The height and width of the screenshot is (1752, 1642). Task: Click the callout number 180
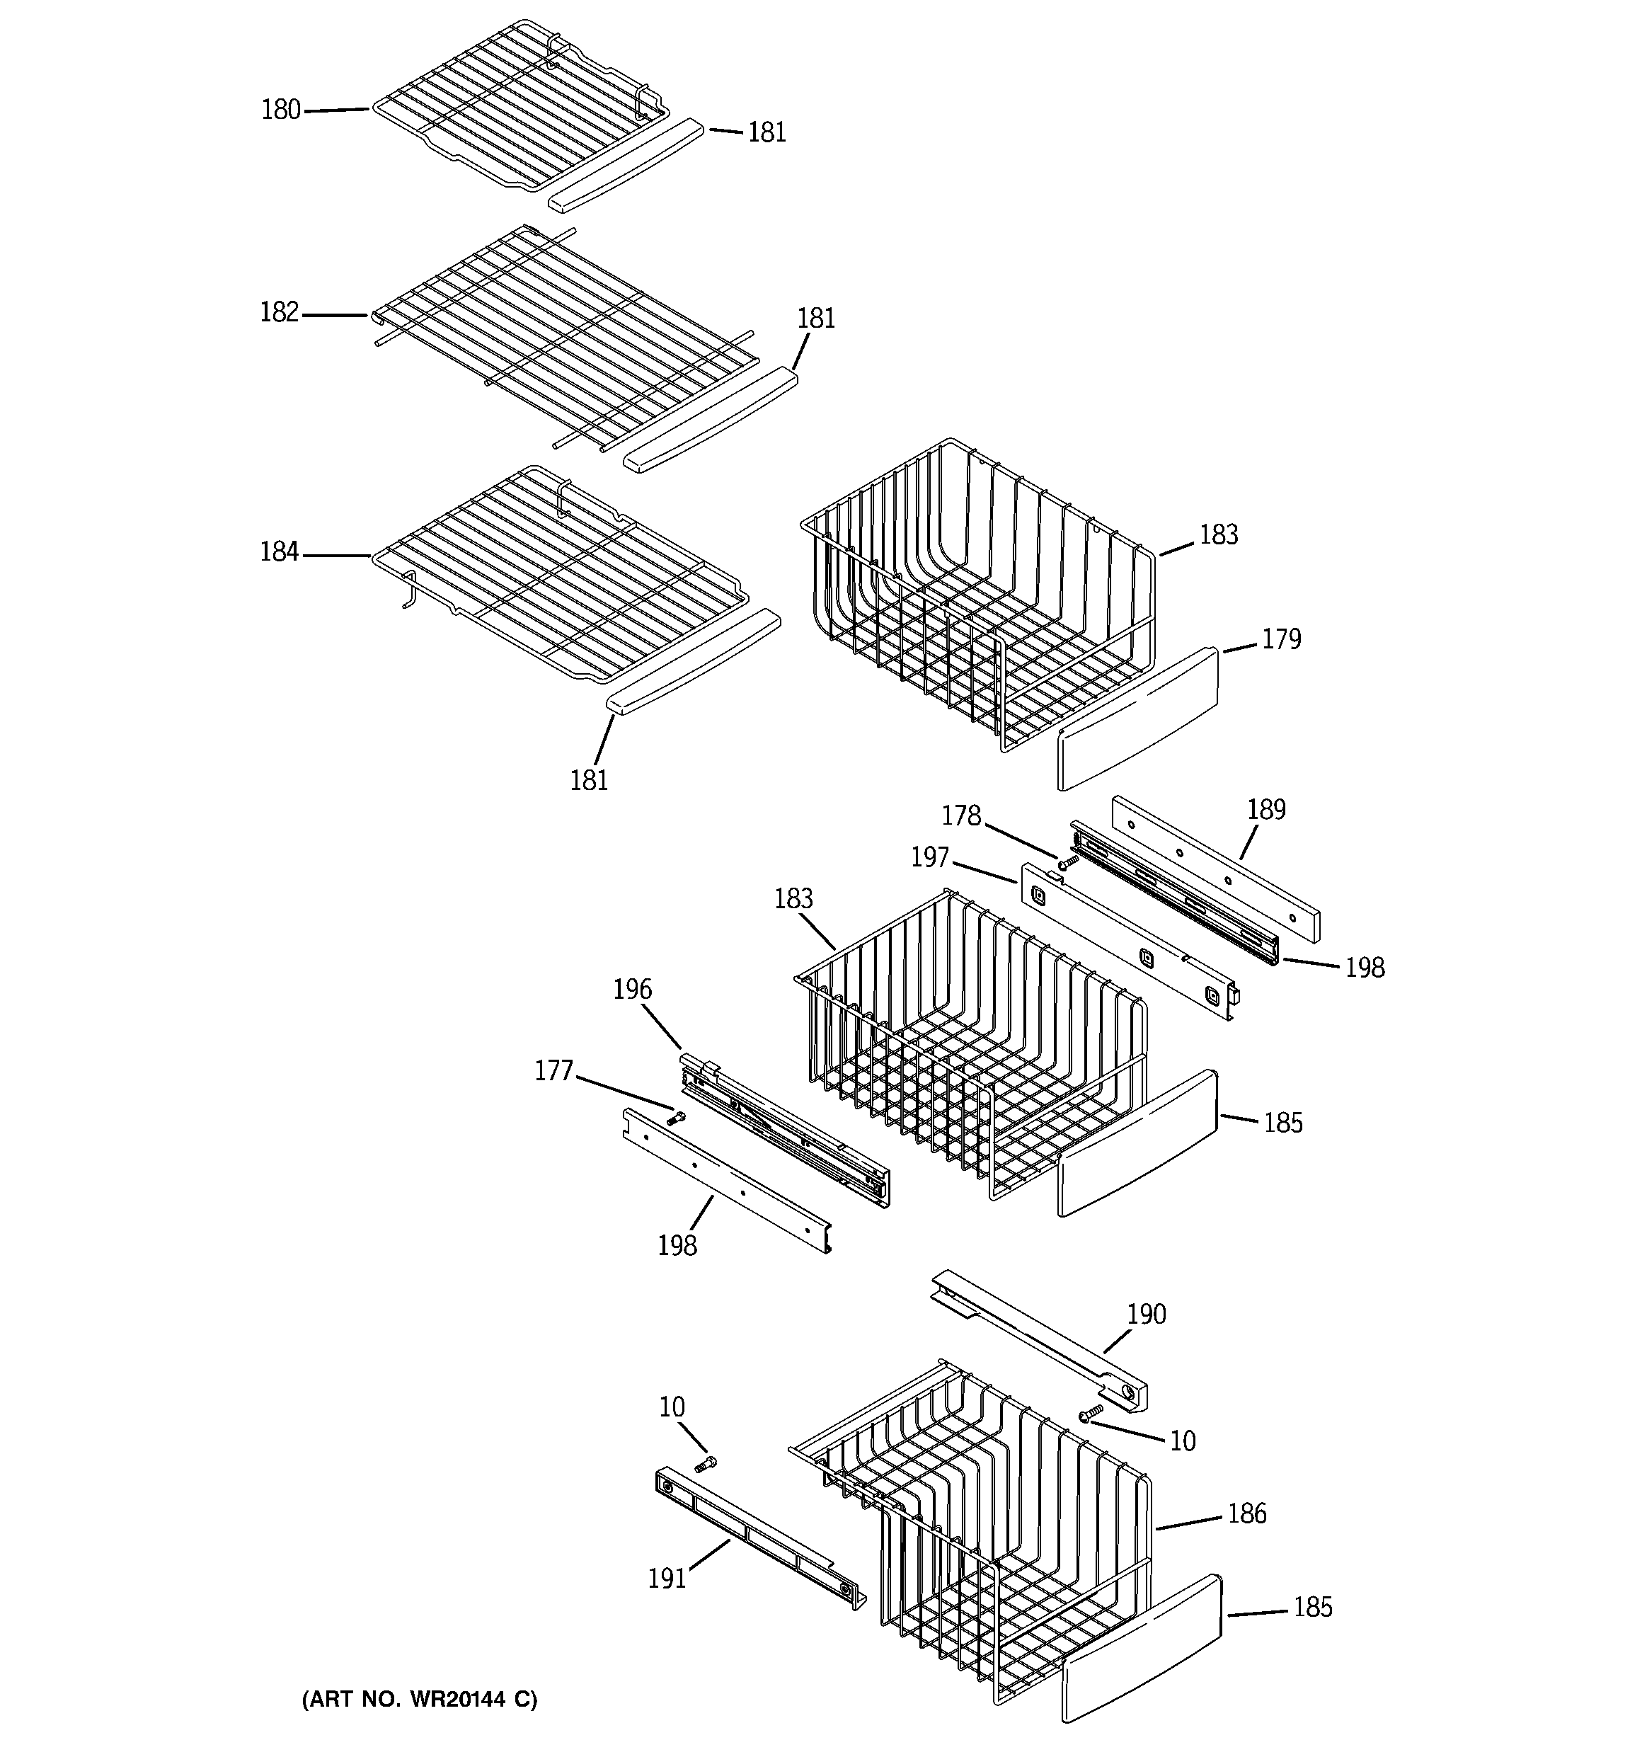click(x=281, y=110)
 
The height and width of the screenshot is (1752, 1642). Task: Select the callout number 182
click(x=280, y=313)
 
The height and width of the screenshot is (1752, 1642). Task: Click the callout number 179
click(x=1280, y=639)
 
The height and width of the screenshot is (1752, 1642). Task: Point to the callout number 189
click(x=1267, y=809)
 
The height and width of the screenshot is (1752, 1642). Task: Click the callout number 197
click(x=930, y=857)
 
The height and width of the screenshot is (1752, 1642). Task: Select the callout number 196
click(x=632, y=990)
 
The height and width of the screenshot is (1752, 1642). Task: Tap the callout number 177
click(x=553, y=1071)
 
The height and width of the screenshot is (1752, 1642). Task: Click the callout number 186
click(x=1246, y=1513)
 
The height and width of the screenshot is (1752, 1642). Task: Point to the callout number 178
click(x=960, y=816)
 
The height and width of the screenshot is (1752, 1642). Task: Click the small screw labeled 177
click(x=676, y=1119)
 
